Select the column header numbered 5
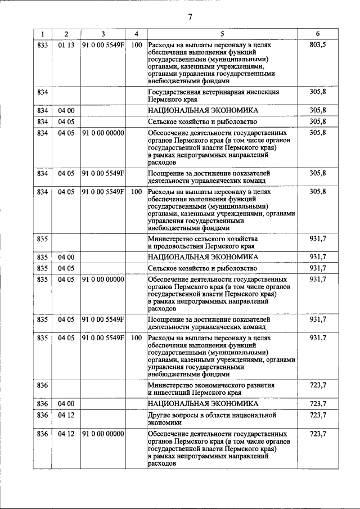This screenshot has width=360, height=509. pyautogui.click(x=222, y=34)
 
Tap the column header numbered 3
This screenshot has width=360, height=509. pyautogui.click(x=103, y=34)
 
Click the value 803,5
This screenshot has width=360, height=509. pyautogui.click(x=318, y=44)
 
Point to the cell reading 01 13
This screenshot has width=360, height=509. pyautogui.click(x=66, y=44)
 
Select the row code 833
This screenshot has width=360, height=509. pyautogui.click(x=42, y=44)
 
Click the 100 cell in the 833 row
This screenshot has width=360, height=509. pyautogui.click(x=136, y=44)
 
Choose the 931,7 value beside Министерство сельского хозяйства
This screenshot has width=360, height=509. pyautogui.click(x=318, y=239)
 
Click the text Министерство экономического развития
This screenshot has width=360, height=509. pyautogui.click(x=211, y=385)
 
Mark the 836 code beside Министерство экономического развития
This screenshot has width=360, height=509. pyautogui.click(x=42, y=385)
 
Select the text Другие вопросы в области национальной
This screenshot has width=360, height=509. pyautogui.click(x=212, y=415)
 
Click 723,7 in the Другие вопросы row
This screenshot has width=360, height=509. pyautogui.click(x=318, y=415)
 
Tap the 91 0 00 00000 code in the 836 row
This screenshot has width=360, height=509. pyautogui.click(x=103, y=434)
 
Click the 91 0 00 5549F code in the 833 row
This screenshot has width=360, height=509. pyautogui.click(x=103, y=44)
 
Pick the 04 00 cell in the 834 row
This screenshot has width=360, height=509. pyautogui.click(x=66, y=110)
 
